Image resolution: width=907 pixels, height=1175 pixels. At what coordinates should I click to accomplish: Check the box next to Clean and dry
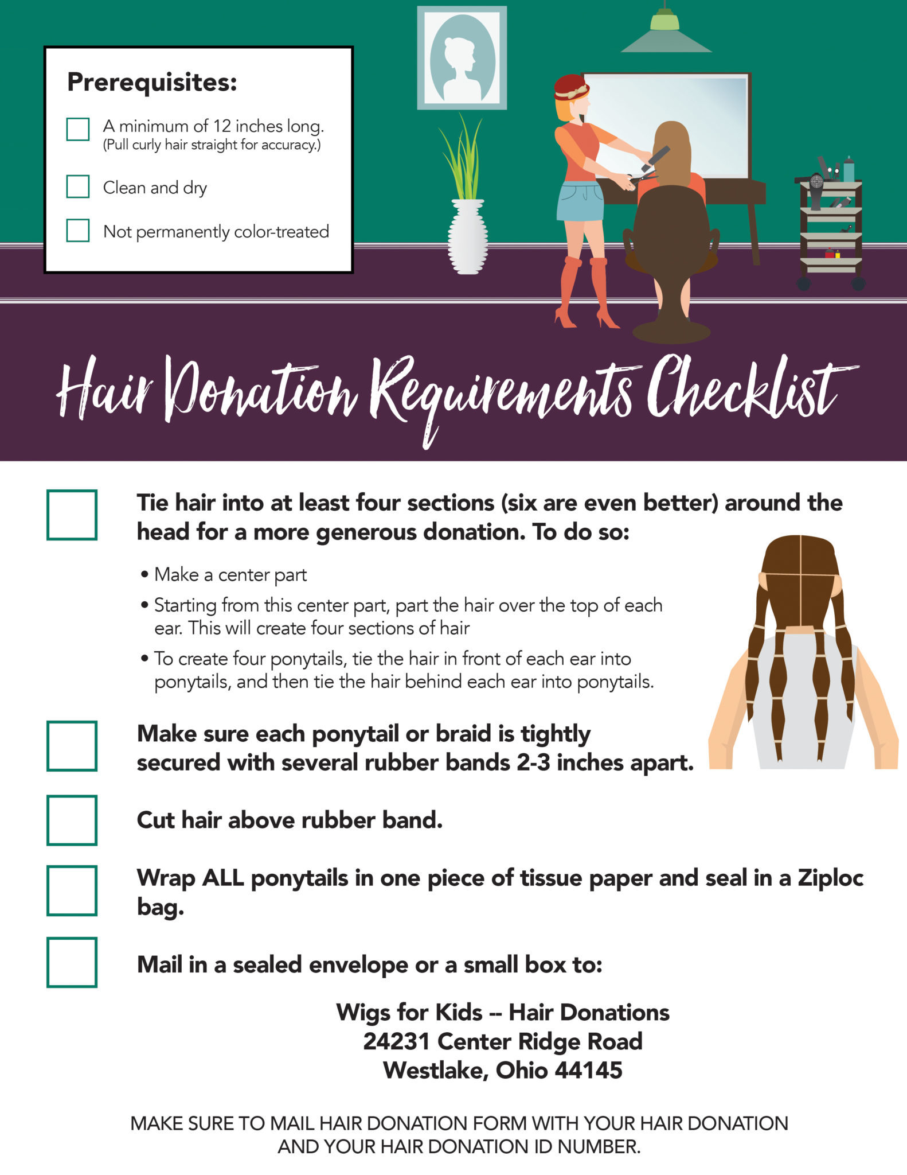pos(78,186)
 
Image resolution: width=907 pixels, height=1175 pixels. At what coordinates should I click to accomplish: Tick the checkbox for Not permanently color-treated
pos(78,230)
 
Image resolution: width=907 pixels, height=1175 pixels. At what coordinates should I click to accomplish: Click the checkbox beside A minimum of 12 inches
pos(78,129)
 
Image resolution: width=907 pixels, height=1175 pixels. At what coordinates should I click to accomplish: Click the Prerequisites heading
pos(152,82)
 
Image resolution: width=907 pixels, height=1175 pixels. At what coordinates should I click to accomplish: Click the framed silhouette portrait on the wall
pos(462,58)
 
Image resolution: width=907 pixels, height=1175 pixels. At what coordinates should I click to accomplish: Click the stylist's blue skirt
pos(580,201)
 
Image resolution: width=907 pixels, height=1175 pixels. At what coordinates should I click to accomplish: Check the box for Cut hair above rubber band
pos(72,820)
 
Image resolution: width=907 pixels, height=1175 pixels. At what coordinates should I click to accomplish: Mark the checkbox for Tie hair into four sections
pos(72,515)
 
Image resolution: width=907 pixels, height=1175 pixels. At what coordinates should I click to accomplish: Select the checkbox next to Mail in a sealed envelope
pos(72,962)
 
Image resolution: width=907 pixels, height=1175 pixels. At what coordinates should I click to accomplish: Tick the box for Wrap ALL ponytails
pos(72,890)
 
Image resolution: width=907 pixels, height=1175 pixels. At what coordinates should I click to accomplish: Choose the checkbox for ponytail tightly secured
pos(72,746)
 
